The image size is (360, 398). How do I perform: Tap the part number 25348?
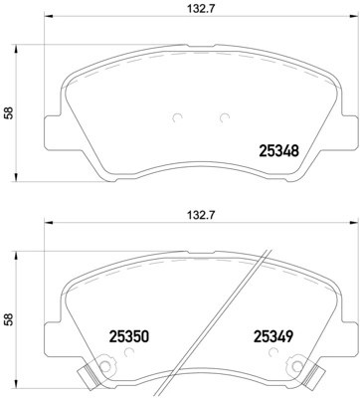click(279, 152)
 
